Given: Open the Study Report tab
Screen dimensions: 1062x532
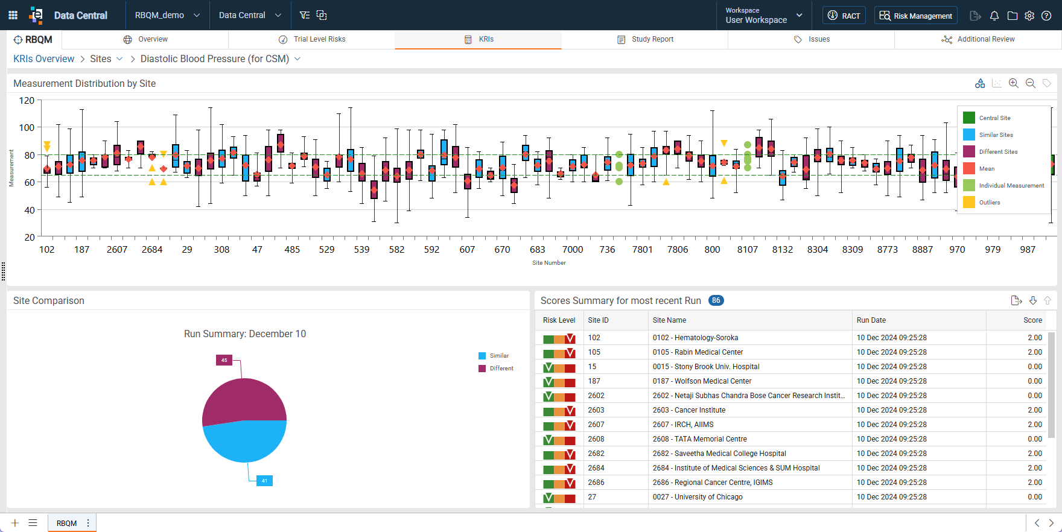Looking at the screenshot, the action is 645,39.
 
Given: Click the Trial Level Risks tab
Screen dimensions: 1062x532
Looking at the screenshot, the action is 312,39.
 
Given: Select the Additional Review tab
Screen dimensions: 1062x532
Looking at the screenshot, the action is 978,39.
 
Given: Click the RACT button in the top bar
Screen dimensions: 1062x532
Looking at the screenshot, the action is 844,16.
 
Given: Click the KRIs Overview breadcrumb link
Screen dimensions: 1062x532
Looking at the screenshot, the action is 44,59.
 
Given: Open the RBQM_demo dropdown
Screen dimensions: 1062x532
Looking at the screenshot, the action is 167,15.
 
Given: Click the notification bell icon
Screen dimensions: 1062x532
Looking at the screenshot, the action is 994,16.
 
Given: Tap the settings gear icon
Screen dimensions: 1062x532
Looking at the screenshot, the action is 1029,16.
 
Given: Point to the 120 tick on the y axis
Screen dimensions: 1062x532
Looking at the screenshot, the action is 27,100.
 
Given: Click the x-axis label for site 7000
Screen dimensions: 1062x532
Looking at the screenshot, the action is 573,249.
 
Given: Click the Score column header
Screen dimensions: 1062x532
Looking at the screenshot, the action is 1032,320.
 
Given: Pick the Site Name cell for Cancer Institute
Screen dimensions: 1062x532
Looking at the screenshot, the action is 689,410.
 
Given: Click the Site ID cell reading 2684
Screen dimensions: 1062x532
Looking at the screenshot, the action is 596,468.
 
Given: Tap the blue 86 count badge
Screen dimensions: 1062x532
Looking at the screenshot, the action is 716,300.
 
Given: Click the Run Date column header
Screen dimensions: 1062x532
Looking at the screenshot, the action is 871,320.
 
